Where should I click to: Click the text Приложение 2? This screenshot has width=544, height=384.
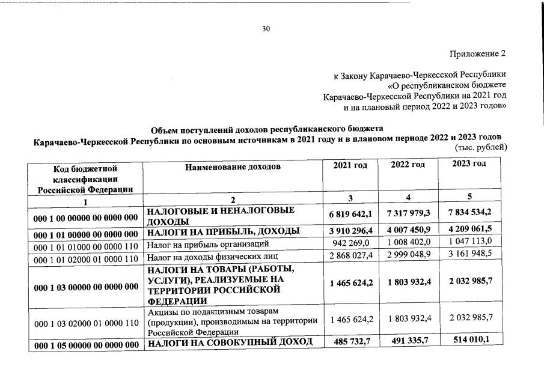coord(478,53)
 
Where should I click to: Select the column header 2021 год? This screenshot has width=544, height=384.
coord(350,165)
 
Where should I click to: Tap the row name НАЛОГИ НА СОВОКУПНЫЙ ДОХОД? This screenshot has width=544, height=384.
coord(230,343)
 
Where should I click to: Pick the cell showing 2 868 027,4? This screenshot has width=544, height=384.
coord(350,257)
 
